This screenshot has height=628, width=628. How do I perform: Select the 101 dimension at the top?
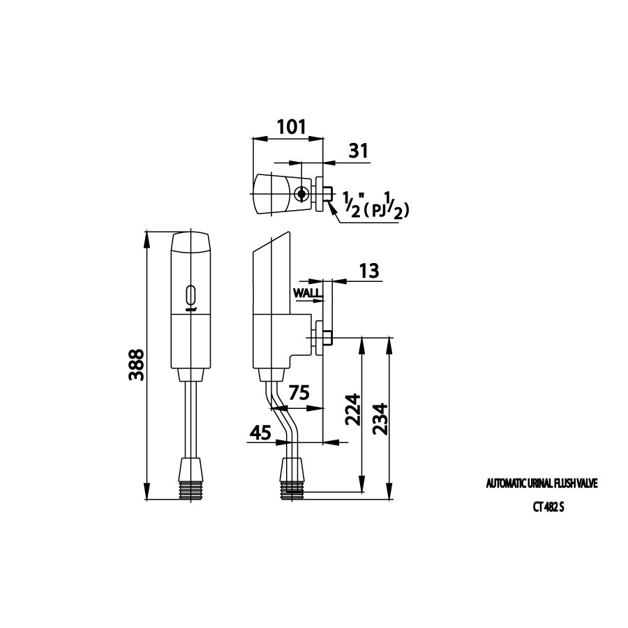click(291, 126)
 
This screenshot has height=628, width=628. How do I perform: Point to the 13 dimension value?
click(368, 271)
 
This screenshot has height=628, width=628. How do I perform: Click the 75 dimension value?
click(299, 392)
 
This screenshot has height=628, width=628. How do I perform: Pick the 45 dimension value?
click(260, 433)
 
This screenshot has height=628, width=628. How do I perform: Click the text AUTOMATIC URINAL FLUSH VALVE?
click(541, 483)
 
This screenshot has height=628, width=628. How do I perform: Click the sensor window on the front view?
click(192, 294)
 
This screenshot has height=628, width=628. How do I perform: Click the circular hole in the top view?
click(301, 193)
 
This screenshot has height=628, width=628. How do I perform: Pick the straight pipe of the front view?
click(192, 419)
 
